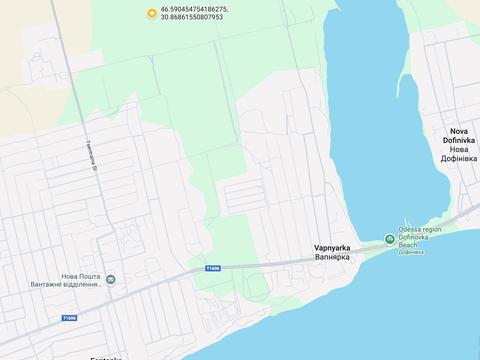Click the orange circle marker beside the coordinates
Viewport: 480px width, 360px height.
(151, 13)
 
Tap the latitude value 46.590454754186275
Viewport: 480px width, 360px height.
(194, 9)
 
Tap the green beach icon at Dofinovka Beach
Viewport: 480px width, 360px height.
(391, 240)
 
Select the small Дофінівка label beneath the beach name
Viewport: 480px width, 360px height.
(410, 252)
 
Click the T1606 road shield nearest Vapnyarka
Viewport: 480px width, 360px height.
(212, 268)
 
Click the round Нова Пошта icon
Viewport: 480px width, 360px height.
(111, 279)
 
